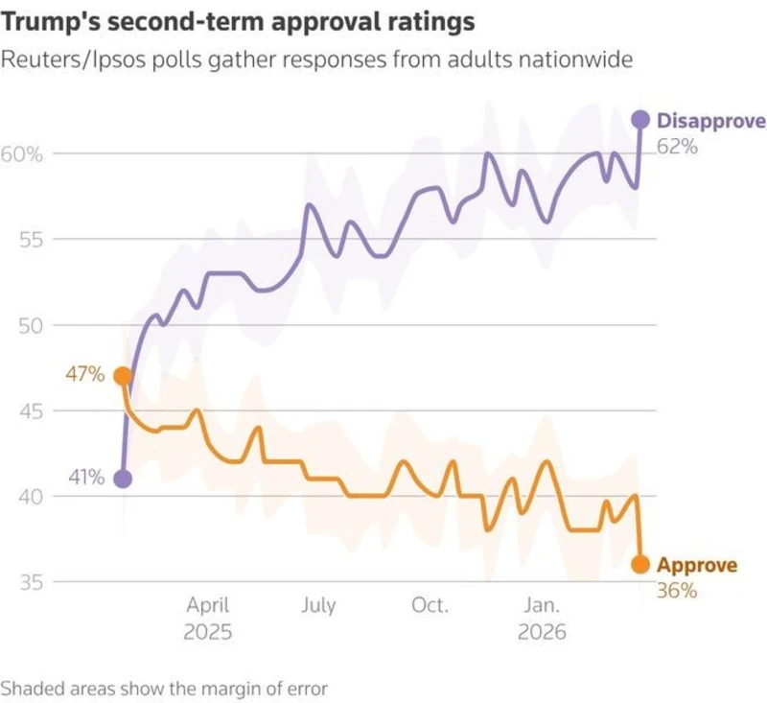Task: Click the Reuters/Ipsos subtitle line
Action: (x=316, y=59)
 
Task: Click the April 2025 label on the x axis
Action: (x=208, y=619)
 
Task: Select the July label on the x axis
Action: (x=318, y=605)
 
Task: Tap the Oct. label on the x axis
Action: (x=430, y=605)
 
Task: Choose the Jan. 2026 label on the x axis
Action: (x=543, y=619)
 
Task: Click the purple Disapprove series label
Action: (x=710, y=121)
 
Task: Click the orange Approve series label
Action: (x=697, y=565)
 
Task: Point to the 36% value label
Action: (x=677, y=590)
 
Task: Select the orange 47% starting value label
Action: (x=84, y=374)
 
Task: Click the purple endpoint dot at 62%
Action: (x=639, y=120)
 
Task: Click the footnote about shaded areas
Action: (x=164, y=688)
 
